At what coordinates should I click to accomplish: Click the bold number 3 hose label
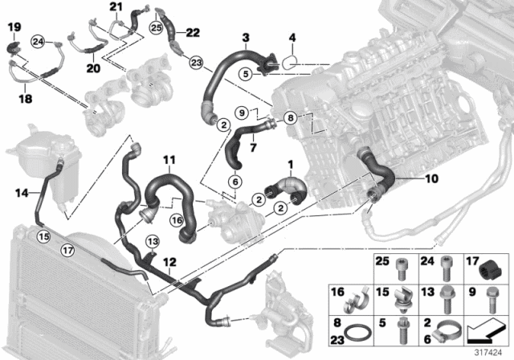(x=245, y=36)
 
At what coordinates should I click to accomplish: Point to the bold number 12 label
(x=169, y=262)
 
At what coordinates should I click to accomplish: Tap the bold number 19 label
(x=14, y=29)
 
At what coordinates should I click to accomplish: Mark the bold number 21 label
(x=115, y=9)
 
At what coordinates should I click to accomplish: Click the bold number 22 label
(x=193, y=32)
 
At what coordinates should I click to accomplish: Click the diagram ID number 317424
(x=488, y=350)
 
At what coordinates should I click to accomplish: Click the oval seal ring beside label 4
(x=292, y=58)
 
